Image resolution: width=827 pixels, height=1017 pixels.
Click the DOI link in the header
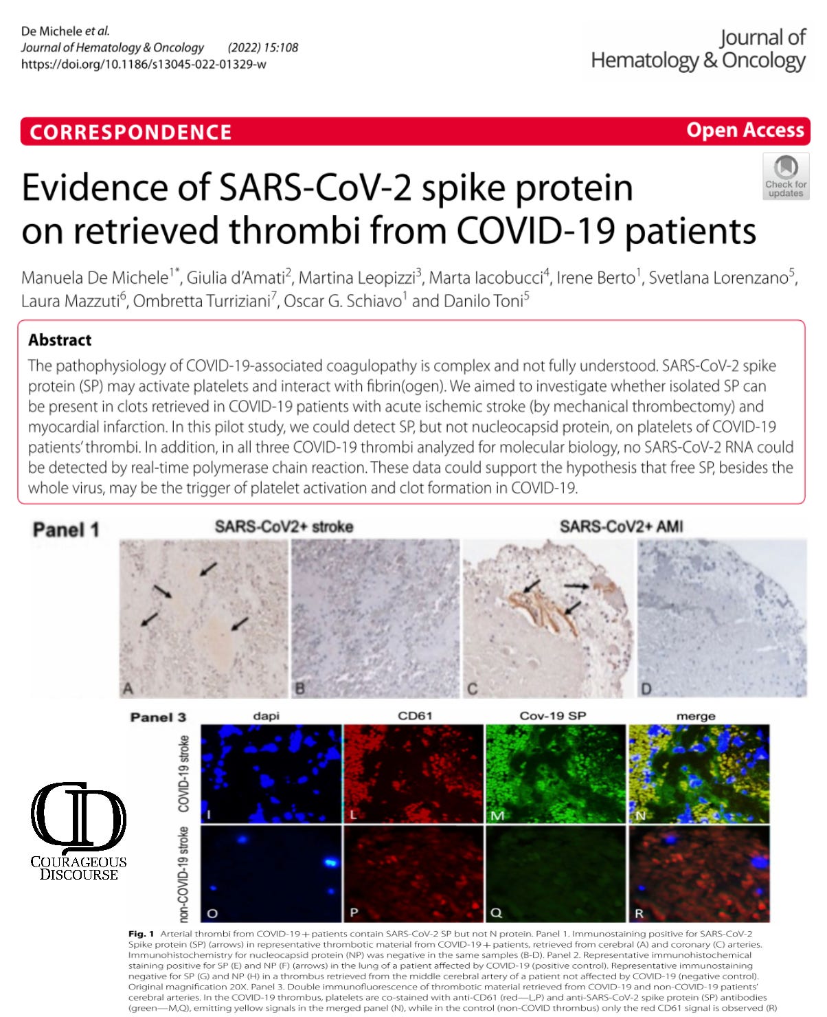(x=144, y=64)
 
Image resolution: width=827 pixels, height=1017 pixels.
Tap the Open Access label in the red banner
(x=745, y=130)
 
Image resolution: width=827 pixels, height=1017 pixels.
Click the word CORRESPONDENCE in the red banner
(x=131, y=132)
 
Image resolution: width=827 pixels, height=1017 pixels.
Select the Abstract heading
(x=60, y=340)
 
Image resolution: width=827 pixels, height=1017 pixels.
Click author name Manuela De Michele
(x=95, y=278)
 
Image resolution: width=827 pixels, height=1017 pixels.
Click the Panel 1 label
(x=66, y=530)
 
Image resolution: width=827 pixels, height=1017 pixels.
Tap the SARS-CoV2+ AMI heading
(x=621, y=527)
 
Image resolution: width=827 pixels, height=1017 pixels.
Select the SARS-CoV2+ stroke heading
(x=284, y=527)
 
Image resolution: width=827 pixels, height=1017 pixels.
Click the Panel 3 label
(x=158, y=717)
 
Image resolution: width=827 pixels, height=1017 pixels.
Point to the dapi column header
(x=267, y=716)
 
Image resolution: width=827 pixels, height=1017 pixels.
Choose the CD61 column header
(x=415, y=716)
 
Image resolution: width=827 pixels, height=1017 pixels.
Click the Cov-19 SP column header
(x=553, y=716)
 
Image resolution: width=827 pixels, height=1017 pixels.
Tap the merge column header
(x=696, y=716)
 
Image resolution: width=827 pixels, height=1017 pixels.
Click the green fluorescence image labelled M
(x=555, y=774)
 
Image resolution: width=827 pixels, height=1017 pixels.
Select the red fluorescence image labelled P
(x=413, y=873)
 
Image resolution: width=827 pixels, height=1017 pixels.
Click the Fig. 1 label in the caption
(x=141, y=934)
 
